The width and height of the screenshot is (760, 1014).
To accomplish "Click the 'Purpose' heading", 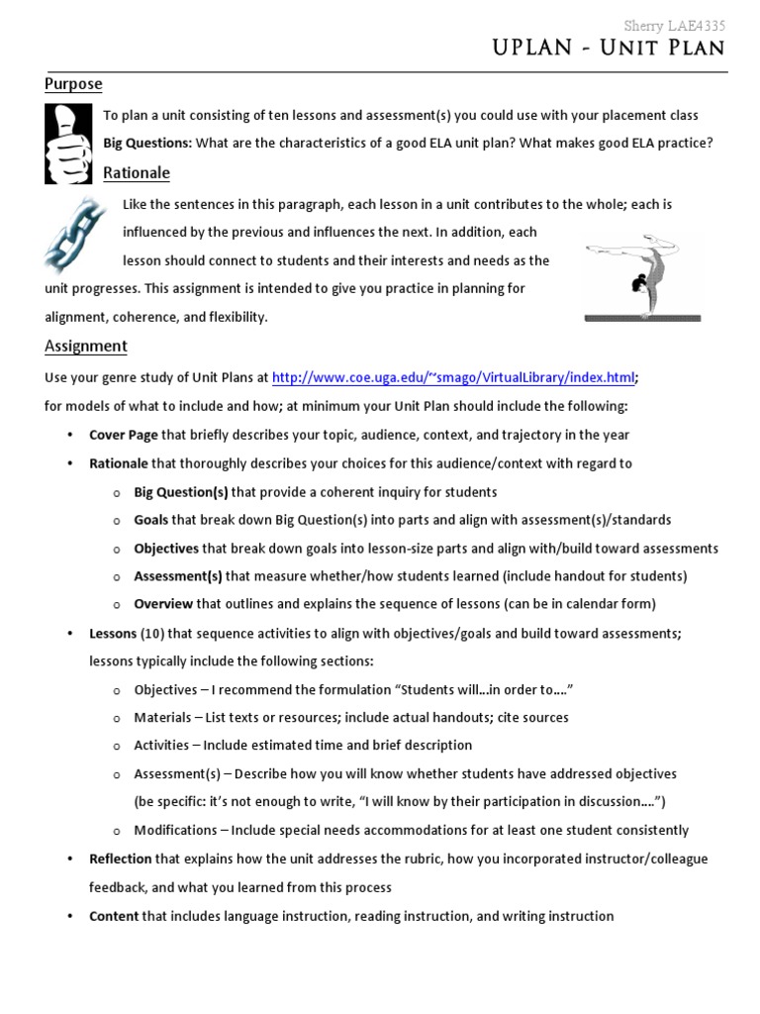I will [x=73, y=84].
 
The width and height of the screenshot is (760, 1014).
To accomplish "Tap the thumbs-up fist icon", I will [x=69, y=144].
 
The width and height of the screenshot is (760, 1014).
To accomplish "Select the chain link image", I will [x=75, y=234].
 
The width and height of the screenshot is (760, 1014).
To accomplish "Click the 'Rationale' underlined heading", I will [x=137, y=173].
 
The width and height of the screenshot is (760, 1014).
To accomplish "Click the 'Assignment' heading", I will [x=86, y=347].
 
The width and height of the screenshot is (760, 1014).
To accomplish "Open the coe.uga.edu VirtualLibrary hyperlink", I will [x=453, y=377].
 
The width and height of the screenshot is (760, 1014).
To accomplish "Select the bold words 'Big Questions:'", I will [x=147, y=144].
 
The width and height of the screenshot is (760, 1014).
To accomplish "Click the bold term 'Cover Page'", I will [x=124, y=435].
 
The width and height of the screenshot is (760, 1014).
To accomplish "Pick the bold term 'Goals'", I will [x=151, y=520].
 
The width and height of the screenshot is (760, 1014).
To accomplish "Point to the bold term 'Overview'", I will [x=163, y=604].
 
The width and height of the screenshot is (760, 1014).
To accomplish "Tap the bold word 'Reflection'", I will [x=121, y=860].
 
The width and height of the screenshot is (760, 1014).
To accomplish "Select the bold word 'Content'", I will [x=114, y=917].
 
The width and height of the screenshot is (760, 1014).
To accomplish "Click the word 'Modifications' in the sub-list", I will [x=175, y=831].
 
